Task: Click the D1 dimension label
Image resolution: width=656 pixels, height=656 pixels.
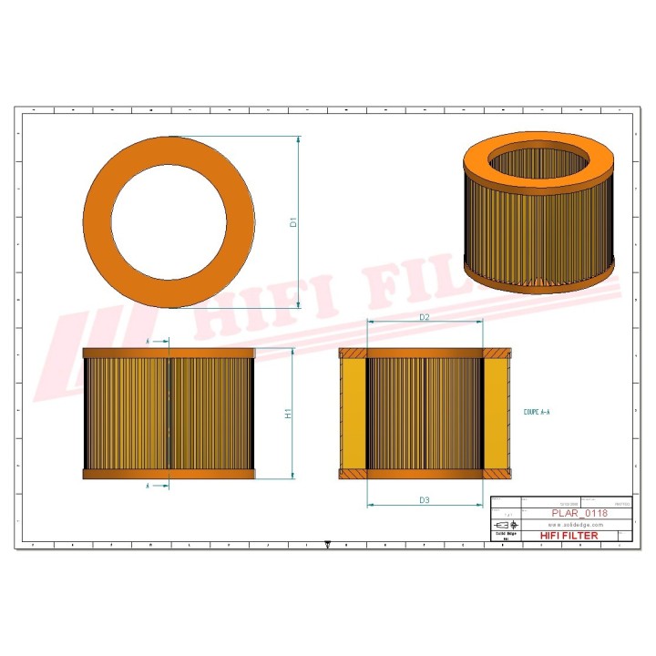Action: pyautogui.click(x=293, y=221)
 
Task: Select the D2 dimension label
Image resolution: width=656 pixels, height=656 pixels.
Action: pyautogui.click(x=424, y=316)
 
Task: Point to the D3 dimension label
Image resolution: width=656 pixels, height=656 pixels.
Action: pyautogui.click(x=424, y=499)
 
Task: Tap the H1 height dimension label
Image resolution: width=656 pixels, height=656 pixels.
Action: pyautogui.click(x=289, y=414)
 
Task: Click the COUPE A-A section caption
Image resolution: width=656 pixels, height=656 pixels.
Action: pyautogui.click(x=537, y=413)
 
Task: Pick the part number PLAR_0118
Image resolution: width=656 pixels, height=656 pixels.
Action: pyautogui.click(x=579, y=513)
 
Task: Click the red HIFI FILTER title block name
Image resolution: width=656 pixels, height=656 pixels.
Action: pyautogui.click(x=569, y=535)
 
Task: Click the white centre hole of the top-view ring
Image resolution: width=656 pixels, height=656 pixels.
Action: pyautogui.click(x=168, y=220)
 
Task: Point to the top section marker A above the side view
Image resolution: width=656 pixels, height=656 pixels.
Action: pyautogui.click(x=149, y=341)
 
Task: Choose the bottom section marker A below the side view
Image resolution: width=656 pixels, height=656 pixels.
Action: pyautogui.click(x=149, y=487)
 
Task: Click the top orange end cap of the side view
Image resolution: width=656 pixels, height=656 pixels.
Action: pyautogui.click(x=169, y=352)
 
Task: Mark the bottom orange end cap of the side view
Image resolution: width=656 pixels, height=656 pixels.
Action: pyautogui.click(x=169, y=474)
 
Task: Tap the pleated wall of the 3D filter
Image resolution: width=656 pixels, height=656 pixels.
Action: pyautogui.click(x=538, y=232)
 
